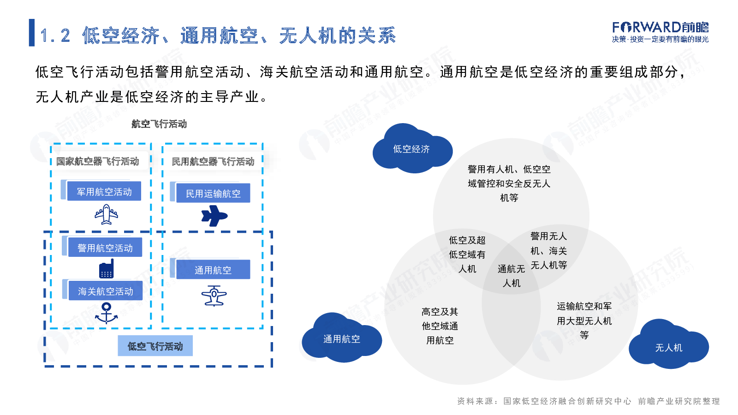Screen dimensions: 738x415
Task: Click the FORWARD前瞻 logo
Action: click(660, 32)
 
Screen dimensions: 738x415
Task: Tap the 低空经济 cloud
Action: click(412, 149)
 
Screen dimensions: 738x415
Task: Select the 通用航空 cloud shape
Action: click(342, 338)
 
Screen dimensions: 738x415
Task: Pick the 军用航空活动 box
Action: click(104, 191)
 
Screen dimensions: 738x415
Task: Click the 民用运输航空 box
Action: click(213, 193)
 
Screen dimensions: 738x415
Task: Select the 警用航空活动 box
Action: click(105, 247)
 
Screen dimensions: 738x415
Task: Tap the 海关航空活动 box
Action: click(106, 290)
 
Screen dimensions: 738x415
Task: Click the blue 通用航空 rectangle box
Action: click(213, 269)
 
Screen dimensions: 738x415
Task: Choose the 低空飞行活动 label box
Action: click(155, 346)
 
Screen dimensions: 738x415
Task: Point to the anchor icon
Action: click(106, 313)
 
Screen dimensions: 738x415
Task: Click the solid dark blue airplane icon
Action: click(214, 216)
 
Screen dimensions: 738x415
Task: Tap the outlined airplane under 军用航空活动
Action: click(106, 214)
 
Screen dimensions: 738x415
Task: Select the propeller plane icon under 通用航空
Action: click(214, 296)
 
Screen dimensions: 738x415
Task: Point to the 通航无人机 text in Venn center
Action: click(511, 276)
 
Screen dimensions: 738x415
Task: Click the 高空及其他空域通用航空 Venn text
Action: click(440, 326)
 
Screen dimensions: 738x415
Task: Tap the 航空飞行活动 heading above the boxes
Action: click(159, 124)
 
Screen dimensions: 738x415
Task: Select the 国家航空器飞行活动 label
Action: click(97, 161)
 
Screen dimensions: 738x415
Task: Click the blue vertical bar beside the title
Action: click(32, 33)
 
